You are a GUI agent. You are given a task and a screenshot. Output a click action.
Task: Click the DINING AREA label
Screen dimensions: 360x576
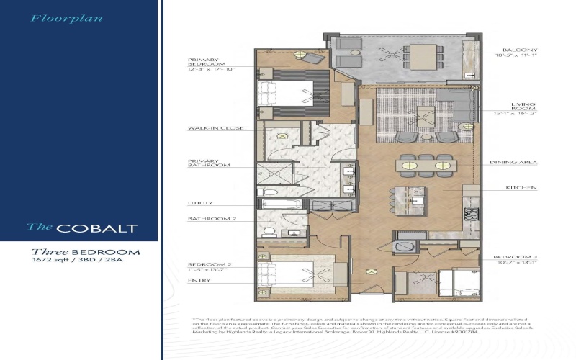pos(514,163)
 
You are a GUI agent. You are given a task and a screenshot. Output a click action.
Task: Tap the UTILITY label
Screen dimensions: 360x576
pos(199,203)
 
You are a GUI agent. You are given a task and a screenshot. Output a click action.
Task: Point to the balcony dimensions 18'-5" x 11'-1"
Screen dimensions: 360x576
pos(516,55)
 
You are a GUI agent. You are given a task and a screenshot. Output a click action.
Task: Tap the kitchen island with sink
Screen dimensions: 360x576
pos(408,198)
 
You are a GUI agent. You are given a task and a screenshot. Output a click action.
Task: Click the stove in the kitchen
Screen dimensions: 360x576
pos(472,214)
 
